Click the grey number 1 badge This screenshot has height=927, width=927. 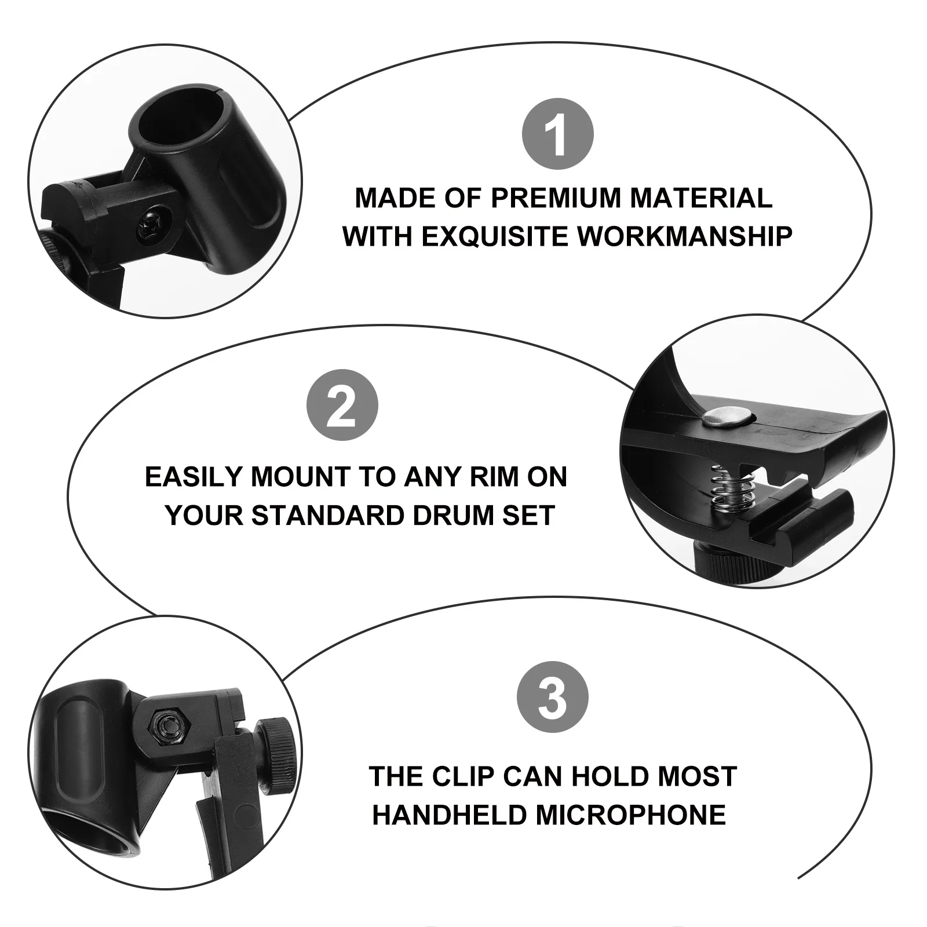click(557, 134)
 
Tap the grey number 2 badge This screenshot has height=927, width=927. click(342, 405)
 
